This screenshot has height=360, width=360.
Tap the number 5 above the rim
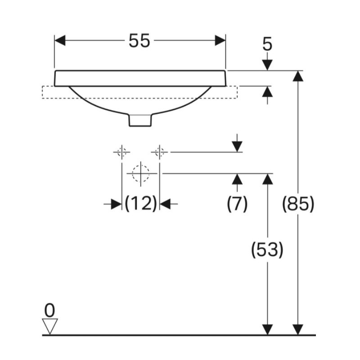coord(267,44)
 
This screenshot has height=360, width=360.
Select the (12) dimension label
coord(140,204)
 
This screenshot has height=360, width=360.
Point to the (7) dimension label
coord(237,204)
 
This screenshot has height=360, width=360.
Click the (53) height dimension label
coord(267,250)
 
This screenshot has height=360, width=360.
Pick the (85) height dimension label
coord(297,204)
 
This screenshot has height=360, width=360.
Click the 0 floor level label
coord(49,310)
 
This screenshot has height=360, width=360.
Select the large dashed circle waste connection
coord(141,172)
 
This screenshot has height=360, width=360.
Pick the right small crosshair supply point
coord(159,152)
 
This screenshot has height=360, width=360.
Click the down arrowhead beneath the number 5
coord(267,65)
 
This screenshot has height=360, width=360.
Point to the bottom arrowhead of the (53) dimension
coord(267,329)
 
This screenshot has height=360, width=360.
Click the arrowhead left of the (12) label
coord(116,204)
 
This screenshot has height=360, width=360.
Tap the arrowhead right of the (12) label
coord(165,204)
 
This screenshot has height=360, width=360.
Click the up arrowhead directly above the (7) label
coord(237,179)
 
